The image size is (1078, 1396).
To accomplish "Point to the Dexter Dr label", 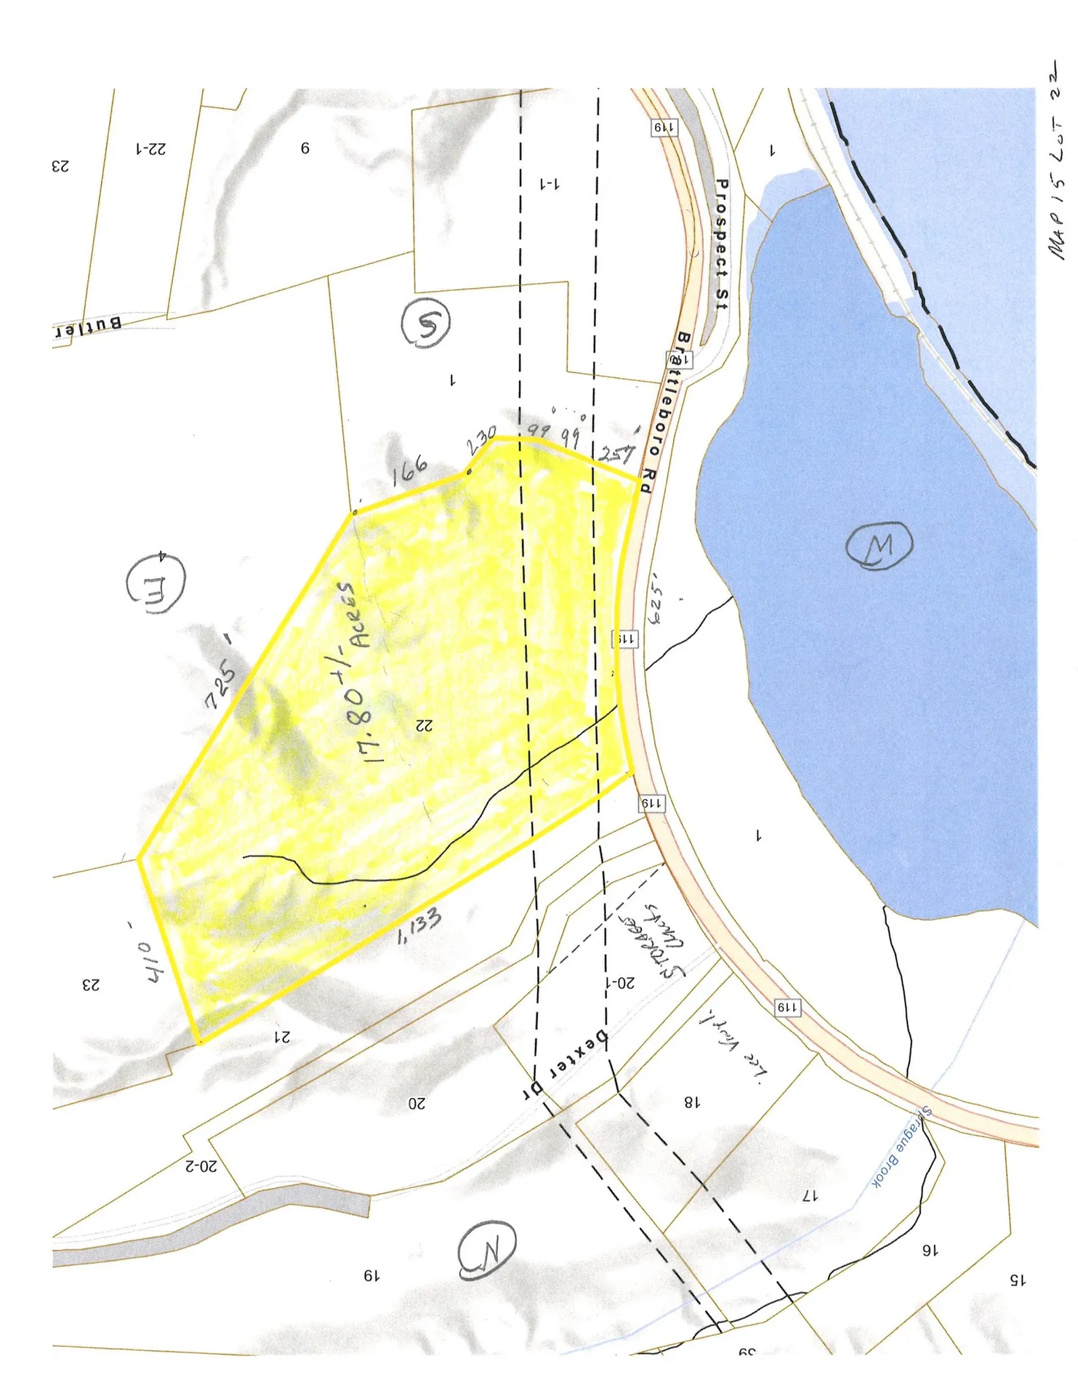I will pos(566,1065).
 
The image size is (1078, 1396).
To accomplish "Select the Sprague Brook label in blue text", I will pos(901,1148).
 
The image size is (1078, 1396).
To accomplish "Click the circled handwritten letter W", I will pos(879,545).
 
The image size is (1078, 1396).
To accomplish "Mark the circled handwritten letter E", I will pos(156,583).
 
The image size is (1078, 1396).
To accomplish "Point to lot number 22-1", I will pos(150,149).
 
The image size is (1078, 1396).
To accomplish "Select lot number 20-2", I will pos(201,1166).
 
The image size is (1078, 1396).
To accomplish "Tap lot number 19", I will pos(371,1276).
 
